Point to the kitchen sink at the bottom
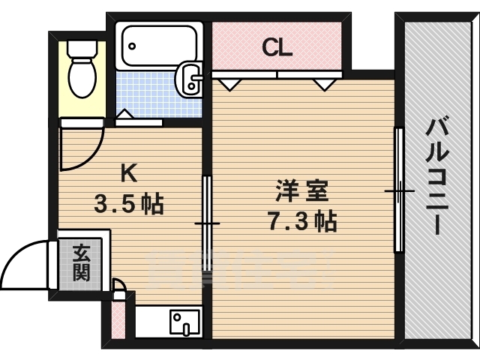click(x=182, y=323)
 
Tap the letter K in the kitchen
click(x=129, y=173)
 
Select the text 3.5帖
click(x=129, y=203)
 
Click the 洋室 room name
click(x=302, y=191)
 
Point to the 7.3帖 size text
click(x=302, y=221)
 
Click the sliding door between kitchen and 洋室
click(x=206, y=223)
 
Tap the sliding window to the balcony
click(x=399, y=191)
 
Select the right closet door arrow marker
click(x=325, y=83)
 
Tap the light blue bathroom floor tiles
click(x=150, y=94)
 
